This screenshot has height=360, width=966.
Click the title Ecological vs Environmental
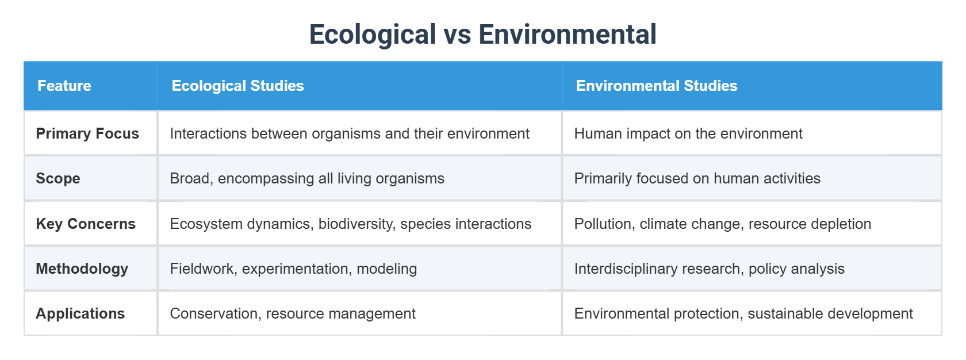point(482,35)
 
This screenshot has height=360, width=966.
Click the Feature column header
point(64,86)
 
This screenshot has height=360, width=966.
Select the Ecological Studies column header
point(237,86)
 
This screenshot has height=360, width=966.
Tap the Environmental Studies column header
point(656,86)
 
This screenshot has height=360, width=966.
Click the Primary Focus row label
point(87,133)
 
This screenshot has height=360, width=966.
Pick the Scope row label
point(58,178)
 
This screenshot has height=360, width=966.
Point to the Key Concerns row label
point(86,224)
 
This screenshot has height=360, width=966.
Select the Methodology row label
point(82,269)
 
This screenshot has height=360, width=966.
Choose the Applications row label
point(80,313)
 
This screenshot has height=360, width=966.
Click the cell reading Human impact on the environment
point(688,133)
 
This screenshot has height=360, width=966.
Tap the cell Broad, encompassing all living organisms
point(307,178)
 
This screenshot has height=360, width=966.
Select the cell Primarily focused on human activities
point(697,178)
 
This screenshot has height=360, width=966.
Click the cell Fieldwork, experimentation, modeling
point(293,269)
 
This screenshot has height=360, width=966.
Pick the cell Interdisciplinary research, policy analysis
point(709,269)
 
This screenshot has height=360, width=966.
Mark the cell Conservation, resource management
point(292,313)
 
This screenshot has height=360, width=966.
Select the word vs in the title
point(457,35)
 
